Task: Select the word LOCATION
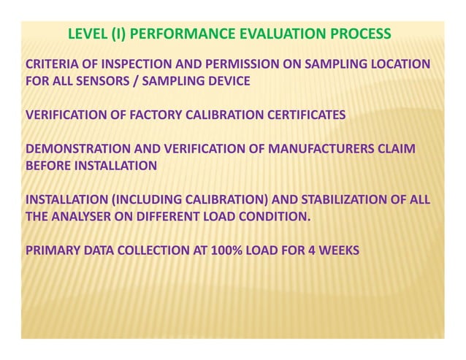pos(400,64)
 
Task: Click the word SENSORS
pos(104,81)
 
